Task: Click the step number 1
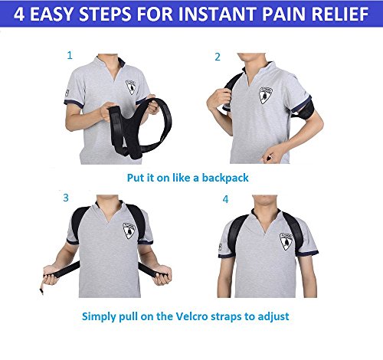(x=70, y=55)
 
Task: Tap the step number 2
(x=218, y=57)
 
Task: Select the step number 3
(x=66, y=198)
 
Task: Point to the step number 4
(x=225, y=199)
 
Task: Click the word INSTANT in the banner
(x=218, y=14)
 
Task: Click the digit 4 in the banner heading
(x=19, y=14)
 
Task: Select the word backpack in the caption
(x=225, y=178)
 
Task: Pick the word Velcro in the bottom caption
(x=191, y=316)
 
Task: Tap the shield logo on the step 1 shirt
(x=131, y=87)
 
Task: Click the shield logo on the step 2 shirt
(x=265, y=95)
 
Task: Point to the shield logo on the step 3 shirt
(x=129, y=231)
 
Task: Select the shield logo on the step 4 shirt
(x=286, y=241)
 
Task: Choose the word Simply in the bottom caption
(x=99, y=317)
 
